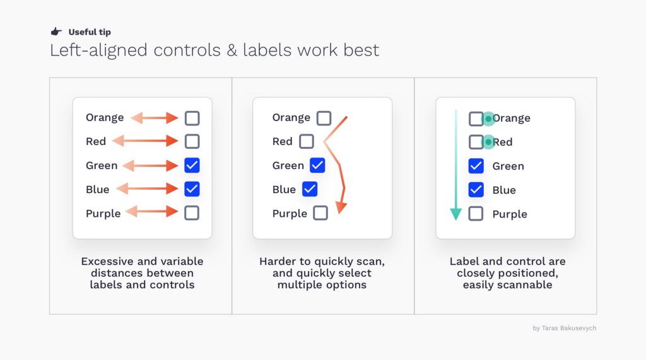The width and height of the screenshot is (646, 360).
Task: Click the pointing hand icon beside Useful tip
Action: [56, 32]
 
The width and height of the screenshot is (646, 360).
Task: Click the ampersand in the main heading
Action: [232, 50]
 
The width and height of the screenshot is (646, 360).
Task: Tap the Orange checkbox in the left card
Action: [192, 119]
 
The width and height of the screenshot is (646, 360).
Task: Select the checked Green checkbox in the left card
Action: [192, 165]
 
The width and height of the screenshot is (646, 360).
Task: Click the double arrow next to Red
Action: [145, 141]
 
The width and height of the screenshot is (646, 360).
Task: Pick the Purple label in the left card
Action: [103, 213]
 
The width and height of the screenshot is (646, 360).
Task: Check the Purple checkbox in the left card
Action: [192, 213]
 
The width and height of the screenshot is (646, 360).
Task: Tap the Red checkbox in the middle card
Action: [306, 141]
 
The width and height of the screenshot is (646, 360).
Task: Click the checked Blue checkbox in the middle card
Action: [310, 189]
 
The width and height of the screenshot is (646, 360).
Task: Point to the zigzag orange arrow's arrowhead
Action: [341, 207]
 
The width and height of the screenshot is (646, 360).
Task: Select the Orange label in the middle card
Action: [291, 118]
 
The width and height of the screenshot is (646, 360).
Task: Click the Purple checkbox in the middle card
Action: [320, 213]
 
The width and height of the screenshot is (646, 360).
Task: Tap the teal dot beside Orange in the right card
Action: [489, 119]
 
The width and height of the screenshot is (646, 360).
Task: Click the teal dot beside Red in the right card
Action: [489, 142]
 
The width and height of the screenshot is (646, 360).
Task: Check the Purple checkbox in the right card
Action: [476, 214]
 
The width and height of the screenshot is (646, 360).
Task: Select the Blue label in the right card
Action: [504, 190]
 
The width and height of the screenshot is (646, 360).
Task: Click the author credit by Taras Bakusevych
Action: [565, 328]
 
